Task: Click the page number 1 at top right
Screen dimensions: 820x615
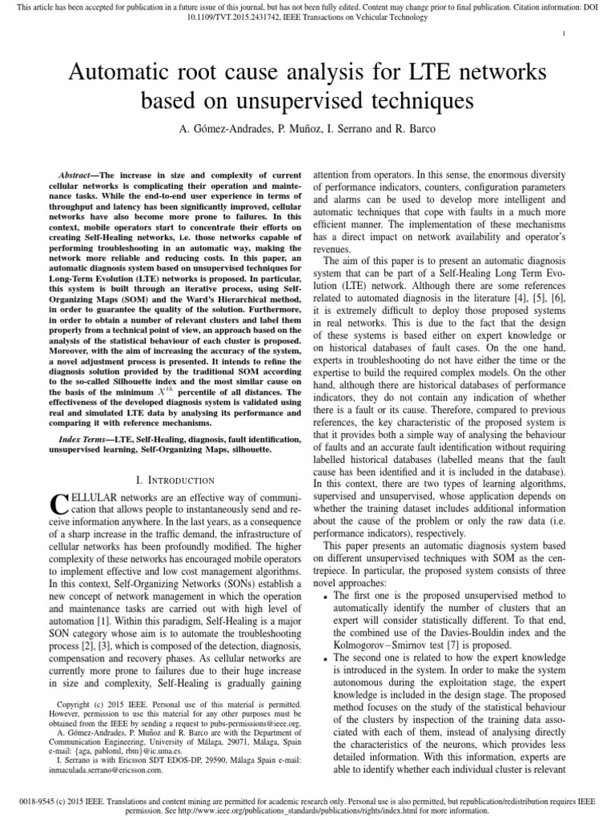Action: tap(565, 33)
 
